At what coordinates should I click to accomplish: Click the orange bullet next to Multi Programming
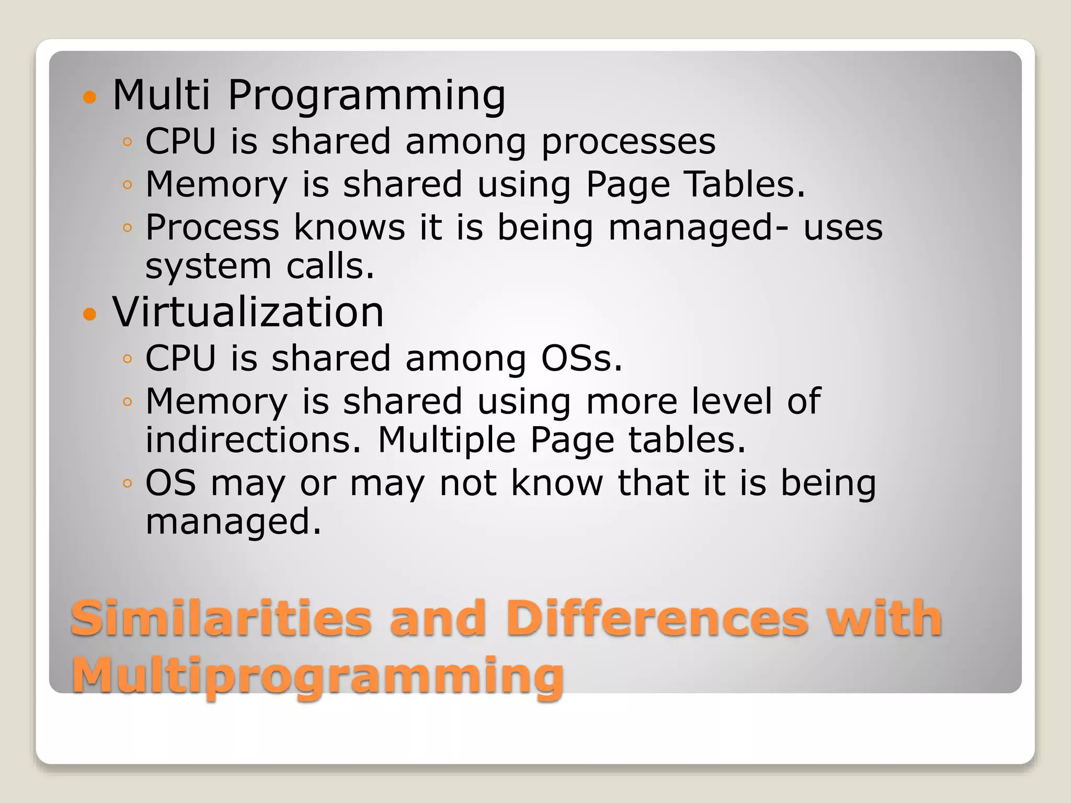tap(90, 97)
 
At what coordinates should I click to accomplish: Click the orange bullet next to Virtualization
tap(90, 314)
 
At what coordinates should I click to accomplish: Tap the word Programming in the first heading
tap(366, 96)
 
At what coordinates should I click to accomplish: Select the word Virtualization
tap(248, 312)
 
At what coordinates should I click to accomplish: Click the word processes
tap(628, 142)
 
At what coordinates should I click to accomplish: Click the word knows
tap(349, 227)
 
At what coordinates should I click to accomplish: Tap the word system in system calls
tap(208, 266)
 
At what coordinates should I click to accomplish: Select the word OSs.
tap(582, 359)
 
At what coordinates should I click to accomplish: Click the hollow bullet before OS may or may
tap(127, 484)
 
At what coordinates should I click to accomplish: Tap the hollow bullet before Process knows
tap(127, 227)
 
